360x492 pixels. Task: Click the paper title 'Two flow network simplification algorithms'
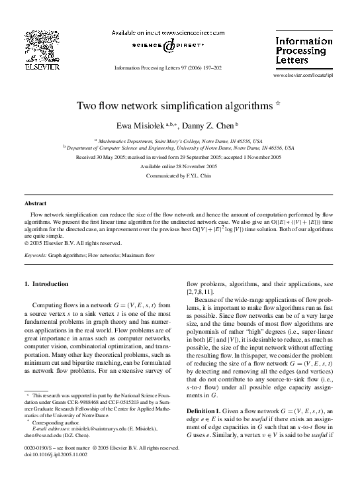pyautogui.click(x=175, y=105)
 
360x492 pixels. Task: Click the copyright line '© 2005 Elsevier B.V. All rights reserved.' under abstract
pyautogui.click(x=73, y=243)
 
